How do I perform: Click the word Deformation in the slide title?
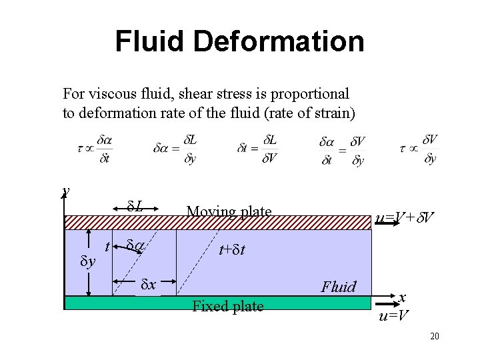click(x=291, y=41)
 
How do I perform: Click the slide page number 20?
click(x=434, y=336)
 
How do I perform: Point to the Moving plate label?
click(x=229, y=212)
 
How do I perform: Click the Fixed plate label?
click(x=227, y=307)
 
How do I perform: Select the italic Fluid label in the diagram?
click(x=338, y=287)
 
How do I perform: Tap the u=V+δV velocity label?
click(x=405, y=217)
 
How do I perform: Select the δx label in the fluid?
click(x=149, y=285)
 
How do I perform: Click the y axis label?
click(x=65, y=191)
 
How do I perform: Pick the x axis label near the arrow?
click(x=403, y=298)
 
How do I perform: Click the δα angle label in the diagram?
click(x=135, y=247)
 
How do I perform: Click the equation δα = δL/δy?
click(x=175, y=149)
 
